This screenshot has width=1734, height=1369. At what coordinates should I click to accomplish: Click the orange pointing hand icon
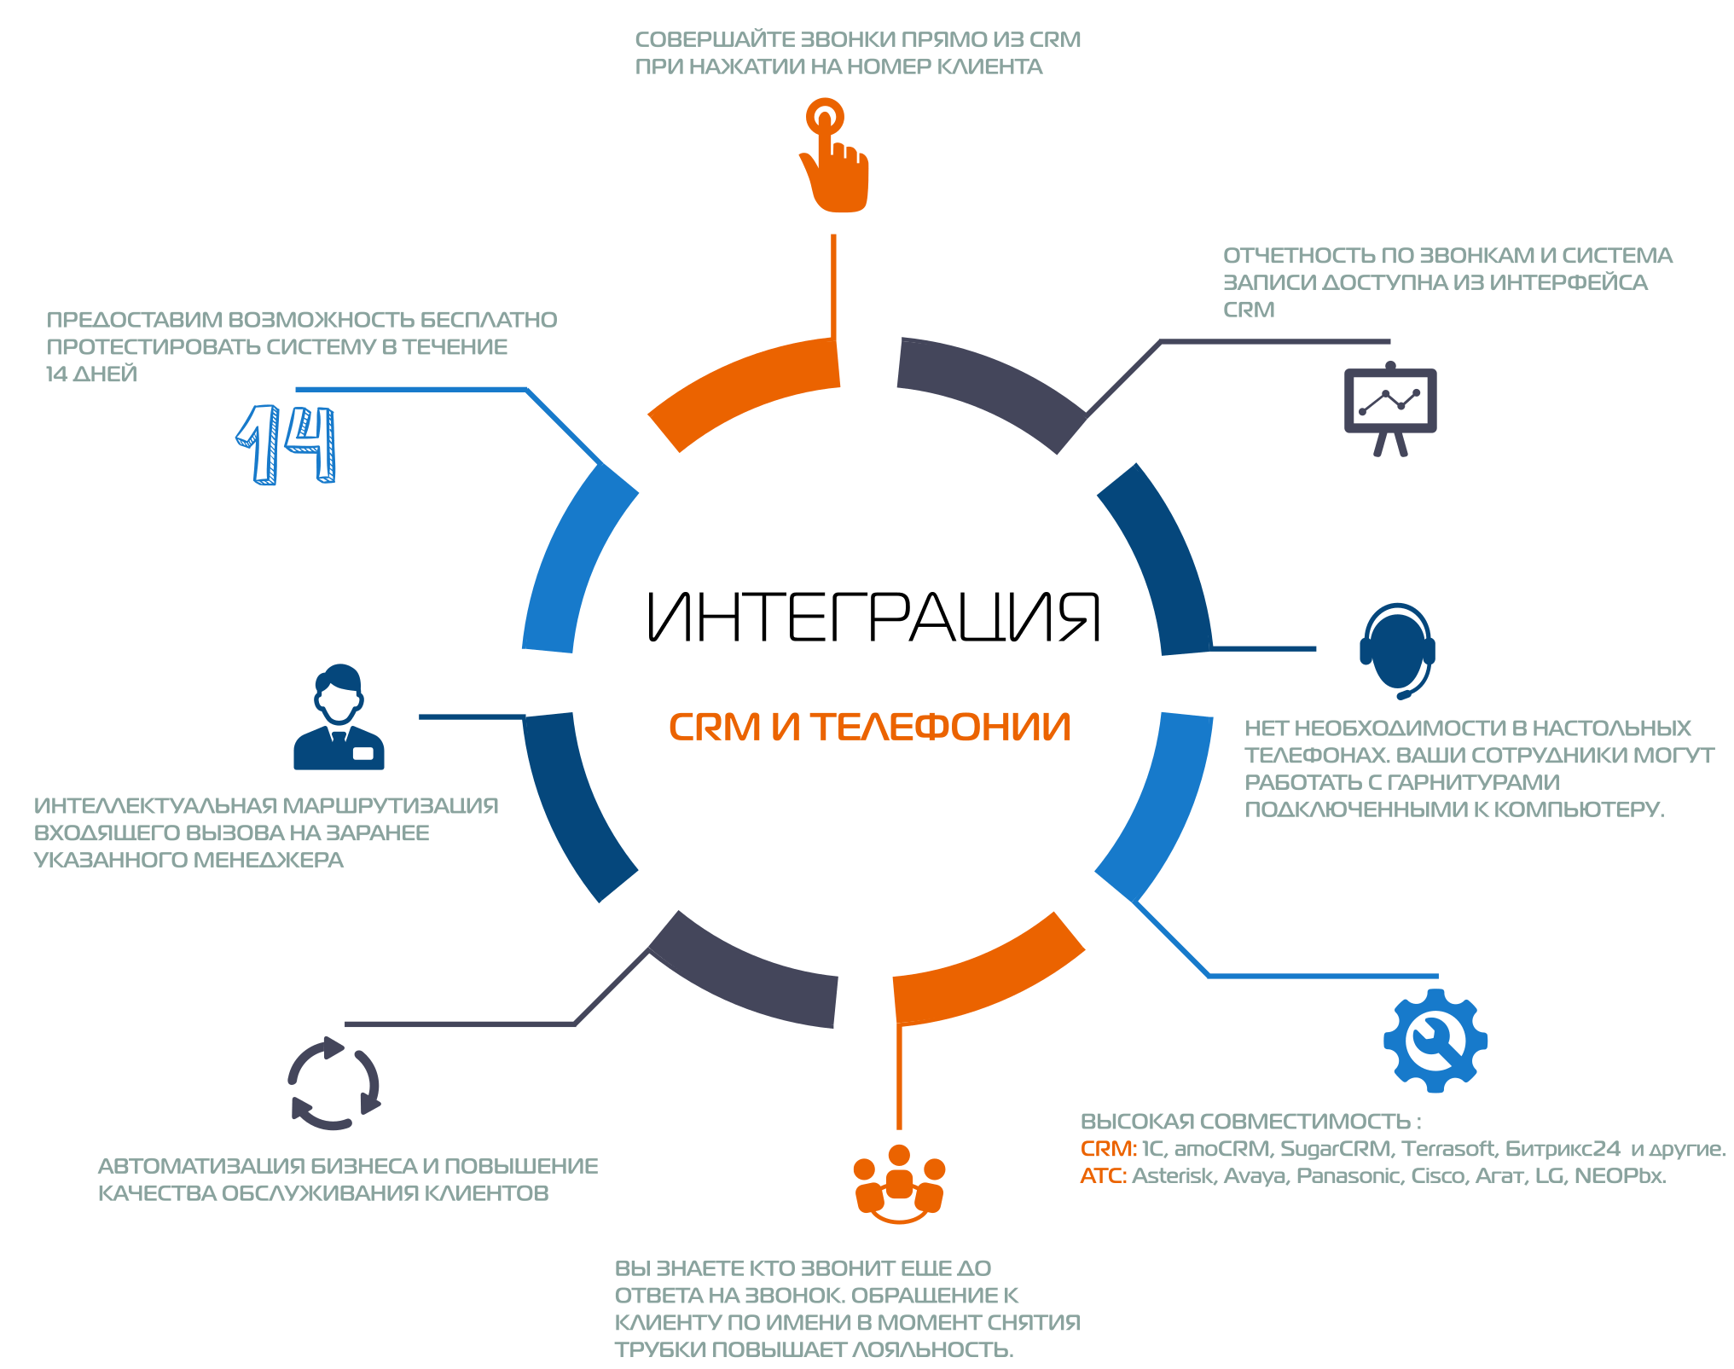click(x=833, y=157)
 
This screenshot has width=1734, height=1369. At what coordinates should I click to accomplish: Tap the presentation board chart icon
click(x=1390, y=409)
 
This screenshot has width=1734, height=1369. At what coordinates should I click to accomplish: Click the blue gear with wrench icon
click(x=1435, y=1041)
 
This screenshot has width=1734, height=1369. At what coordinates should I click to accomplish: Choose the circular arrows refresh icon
click(x=333, y=1083)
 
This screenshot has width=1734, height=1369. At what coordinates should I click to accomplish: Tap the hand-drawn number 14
click(x=287, y=444)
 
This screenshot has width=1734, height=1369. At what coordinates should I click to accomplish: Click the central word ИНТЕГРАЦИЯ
click(x=873, y=617)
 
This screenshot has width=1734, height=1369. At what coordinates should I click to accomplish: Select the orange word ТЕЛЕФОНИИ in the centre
click(x=940, y=728)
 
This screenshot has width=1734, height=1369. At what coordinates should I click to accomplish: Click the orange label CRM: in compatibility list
click(x=1109, y=1149)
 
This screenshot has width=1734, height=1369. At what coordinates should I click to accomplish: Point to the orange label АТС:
click(x=1104, y=1176)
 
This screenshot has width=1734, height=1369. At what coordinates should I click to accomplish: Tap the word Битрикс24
click(x=1563, y=1149)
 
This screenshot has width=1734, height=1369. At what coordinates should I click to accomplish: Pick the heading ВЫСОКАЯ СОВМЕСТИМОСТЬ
click(x=1246, y=1122)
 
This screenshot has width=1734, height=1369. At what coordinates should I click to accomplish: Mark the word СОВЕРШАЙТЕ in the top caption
click(x=715, y=40)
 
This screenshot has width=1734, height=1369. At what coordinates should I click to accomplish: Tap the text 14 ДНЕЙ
click(x=91, y=374)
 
